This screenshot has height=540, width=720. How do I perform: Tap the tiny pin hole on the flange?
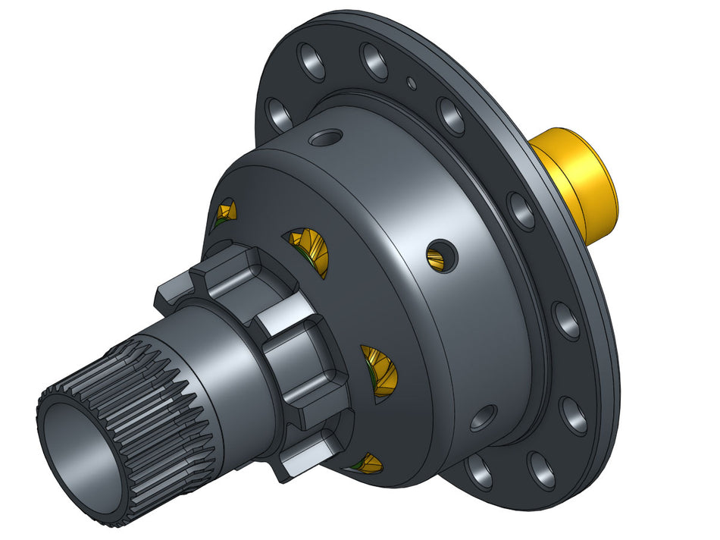coord(411,83)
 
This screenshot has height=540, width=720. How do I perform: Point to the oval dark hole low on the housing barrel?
coord(483,417)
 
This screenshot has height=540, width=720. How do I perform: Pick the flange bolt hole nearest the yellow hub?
coord(521,211)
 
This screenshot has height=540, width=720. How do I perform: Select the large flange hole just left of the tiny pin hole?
coord(373,62)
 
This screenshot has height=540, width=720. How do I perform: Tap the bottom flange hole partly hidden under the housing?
coord(479,472)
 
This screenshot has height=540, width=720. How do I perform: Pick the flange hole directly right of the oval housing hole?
coord(574,416)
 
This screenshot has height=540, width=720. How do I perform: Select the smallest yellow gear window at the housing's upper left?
coord(226,212)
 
